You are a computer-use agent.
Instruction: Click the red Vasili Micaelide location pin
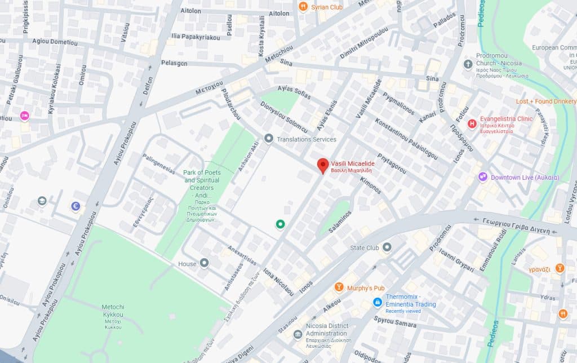[x=322, y=165]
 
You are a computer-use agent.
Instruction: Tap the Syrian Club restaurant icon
[x=303, y=7]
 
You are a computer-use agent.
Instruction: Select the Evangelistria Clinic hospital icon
[x=472, y=123]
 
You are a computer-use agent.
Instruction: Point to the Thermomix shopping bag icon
[x=378, y=302]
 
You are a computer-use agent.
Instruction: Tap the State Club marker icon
[x=387, y=247]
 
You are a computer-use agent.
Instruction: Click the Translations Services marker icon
[x=269, y=139]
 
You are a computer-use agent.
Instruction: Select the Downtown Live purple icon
[x=483, y=177]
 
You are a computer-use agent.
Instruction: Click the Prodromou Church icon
[x=468, y=65]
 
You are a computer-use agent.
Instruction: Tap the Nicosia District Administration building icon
[x=298, y=335]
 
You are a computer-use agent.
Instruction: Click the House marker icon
[x=204, y=263]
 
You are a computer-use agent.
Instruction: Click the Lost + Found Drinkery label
[x=546, y=101]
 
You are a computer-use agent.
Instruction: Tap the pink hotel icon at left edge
[x=24, y=116]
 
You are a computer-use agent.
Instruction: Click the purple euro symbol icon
[x=76, y=207]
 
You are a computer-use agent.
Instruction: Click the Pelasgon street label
[x=174, y=63]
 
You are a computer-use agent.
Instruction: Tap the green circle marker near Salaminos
[x=279, y=224]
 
